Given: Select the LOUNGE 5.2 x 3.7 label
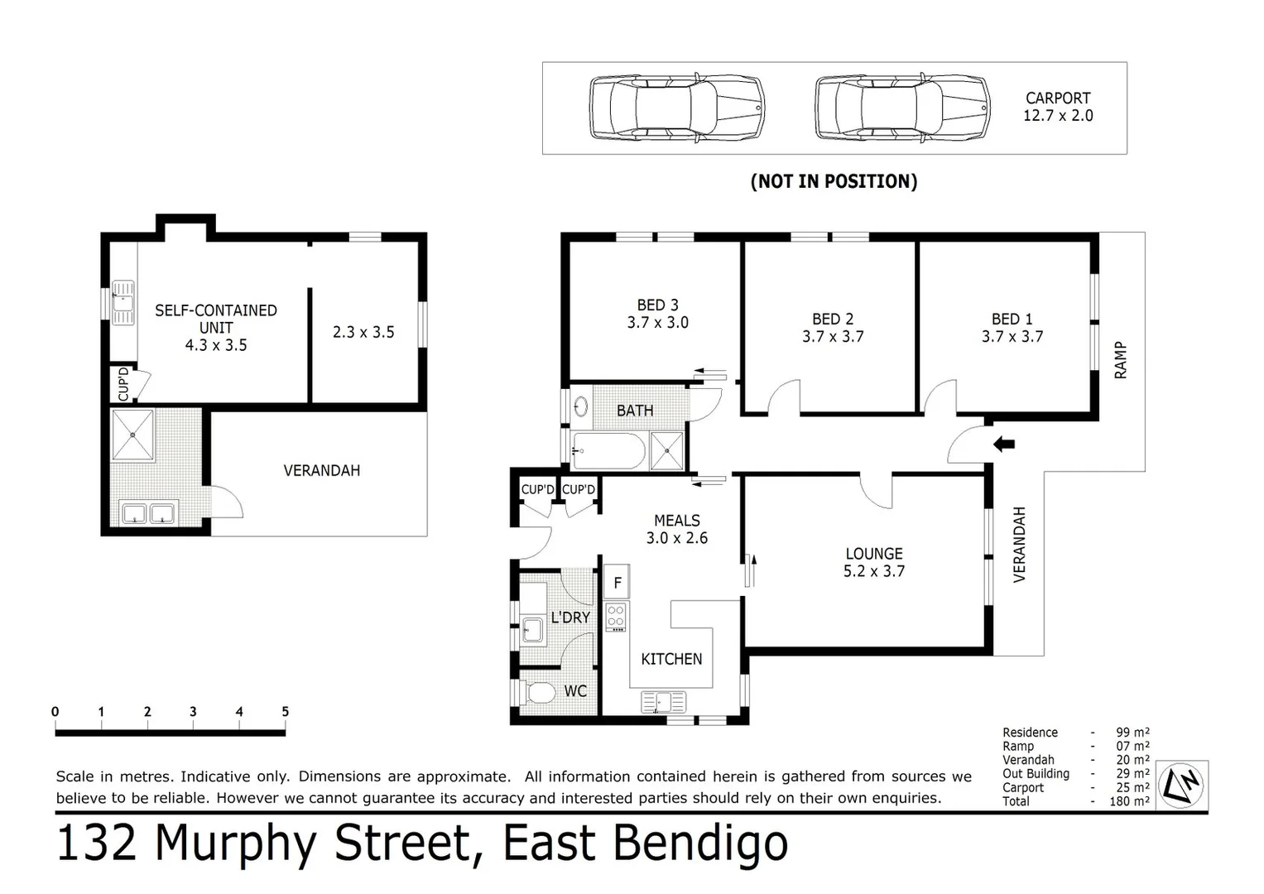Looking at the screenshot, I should (x=873, y=562).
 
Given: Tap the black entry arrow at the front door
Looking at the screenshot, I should (x=1003, y=445).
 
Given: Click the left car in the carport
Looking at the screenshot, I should (x=675, y=108).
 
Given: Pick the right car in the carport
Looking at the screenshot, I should (x=901, y=108).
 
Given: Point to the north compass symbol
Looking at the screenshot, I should (x=1182, y=784).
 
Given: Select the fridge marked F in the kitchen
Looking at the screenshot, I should (x=617, y=582).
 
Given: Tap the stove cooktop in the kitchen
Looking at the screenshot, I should (x=616, y=617).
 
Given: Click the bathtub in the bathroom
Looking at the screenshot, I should (x=608, y=451).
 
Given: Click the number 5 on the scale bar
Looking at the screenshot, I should (x=285, y=712).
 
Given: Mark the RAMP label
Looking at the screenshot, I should (x=1121, y=360).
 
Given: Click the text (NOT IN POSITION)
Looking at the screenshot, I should (x=834, y=181).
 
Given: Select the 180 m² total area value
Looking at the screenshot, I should (x=1129, y=801).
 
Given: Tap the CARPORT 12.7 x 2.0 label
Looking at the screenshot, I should (x=1057, y=107).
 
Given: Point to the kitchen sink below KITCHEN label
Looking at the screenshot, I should (x=663, y=703).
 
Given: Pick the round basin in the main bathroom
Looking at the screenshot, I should (x=581, y=406).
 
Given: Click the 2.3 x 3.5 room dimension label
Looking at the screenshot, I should (x=363, y=332).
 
